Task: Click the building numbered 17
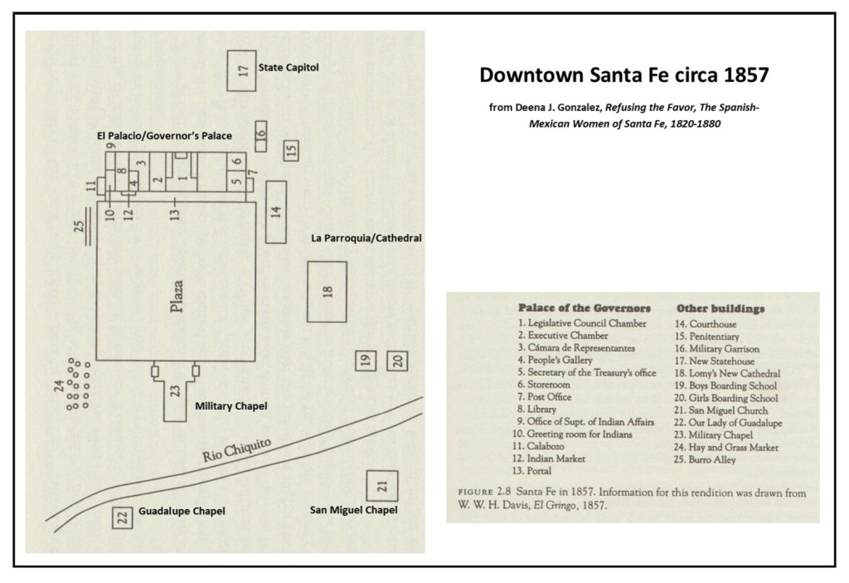(x=242, y=70)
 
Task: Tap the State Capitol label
(x=288, y=67)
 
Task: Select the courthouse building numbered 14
(x=276, y=211)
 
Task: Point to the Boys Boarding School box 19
(x=364, y=361)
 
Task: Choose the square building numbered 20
(x=397, y=361)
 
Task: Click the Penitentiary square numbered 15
(x=290, y=150)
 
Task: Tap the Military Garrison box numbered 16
(x=260, y=134)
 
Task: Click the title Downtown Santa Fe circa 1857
(x=624, y=75)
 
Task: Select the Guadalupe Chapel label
(x=182, y=511)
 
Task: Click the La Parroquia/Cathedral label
(x=366, y=238)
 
